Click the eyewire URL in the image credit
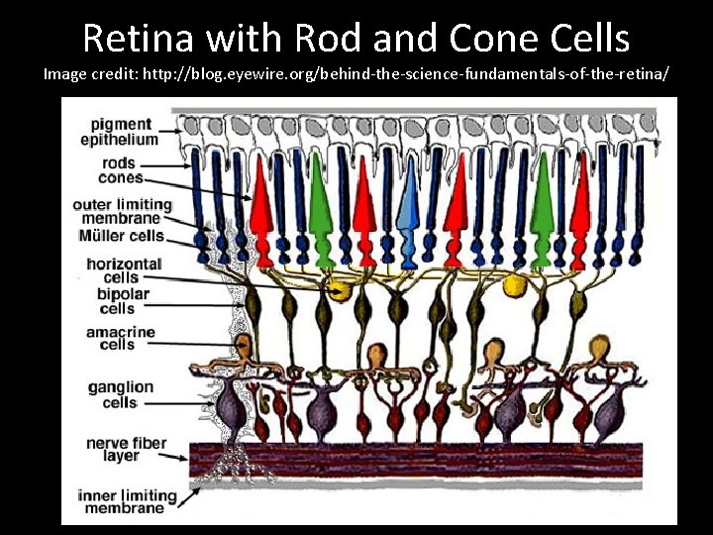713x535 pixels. point(414,74)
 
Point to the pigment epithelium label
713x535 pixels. point(120,132)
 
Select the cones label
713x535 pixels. point(120,178)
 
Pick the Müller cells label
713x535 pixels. point(121,236)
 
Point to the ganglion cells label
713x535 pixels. point(120,394)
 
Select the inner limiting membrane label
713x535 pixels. point(126,501)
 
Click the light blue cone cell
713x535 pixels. point(408,213)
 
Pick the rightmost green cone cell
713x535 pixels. point(541,213)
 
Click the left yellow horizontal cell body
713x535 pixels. point(340,290)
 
